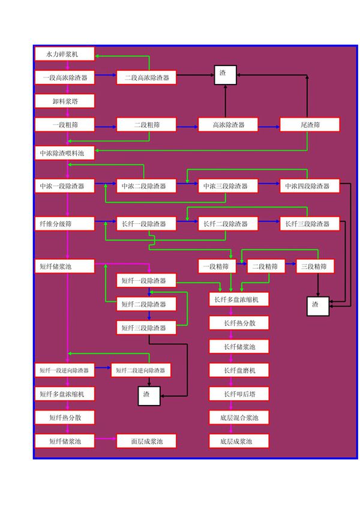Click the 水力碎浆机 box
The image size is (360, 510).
coord(65,55)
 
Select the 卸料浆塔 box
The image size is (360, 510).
coord(65,101)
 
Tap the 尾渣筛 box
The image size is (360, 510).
coord(310,125)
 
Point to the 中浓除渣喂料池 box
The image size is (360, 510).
coord(65,154)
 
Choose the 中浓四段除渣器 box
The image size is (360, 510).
coord(310,186)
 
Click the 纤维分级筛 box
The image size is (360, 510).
coord(65,224)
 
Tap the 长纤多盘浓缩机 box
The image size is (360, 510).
coord(239,299)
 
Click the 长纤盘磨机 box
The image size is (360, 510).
coord(239,370)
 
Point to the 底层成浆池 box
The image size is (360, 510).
coord(239,442)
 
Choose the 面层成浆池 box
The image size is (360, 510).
coord(147,442)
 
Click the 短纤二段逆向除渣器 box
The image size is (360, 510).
coord(140,370)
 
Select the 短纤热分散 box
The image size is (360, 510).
coord(65,418)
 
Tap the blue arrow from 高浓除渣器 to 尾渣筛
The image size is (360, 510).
coord(269,126)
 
